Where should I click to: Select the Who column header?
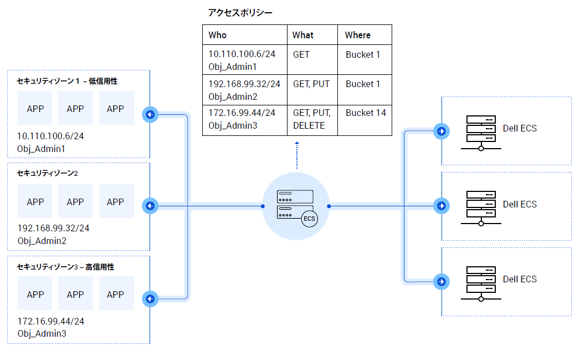[218, 35]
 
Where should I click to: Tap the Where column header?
[358, 35]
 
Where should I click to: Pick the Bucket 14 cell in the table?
[366, 113]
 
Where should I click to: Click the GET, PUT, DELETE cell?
[312, 119]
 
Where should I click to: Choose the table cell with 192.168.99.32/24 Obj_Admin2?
[244, 90]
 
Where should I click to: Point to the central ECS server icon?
[295, 206]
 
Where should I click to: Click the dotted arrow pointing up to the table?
[296, 155]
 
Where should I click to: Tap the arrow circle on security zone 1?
[150, 115]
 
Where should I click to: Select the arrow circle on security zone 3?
[150, 299]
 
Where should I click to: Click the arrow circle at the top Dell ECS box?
[442, 131]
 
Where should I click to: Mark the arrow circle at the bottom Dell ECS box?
[442, 281]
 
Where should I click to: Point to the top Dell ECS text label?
[520, 129]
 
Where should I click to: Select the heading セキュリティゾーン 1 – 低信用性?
[67, 81]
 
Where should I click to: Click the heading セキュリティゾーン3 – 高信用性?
[65, 267]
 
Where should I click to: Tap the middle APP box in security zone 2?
[75, 202]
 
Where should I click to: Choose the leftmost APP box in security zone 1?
[35, 109]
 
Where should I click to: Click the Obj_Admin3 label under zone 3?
[42, 333]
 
